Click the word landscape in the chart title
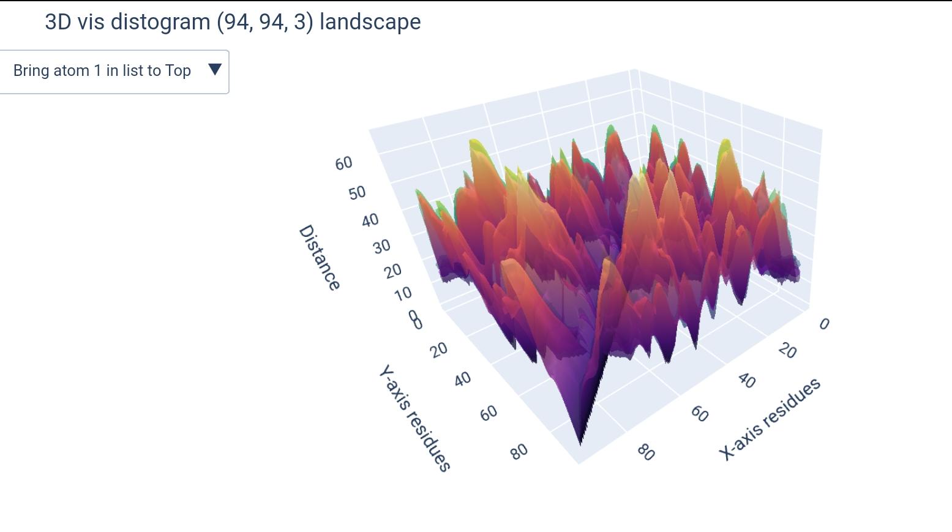tap(370, 22)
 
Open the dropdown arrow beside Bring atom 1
tap(214, 69)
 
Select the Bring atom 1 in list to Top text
tap(102, 71)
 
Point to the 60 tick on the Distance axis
tap(343, 163)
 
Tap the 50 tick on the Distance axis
tap(357, 193)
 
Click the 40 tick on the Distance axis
tap(370, 220)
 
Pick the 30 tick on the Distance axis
tap(381, 247)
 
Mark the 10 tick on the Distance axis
tap(403, 294)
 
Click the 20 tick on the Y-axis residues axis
tap(438, 350)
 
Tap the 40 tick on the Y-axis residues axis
tap(462, 380)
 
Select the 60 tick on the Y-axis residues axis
tap(489, 414)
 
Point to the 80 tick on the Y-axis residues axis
tap(518, 452)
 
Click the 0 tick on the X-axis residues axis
tap(824, 324)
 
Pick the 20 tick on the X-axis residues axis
tap(787, 351)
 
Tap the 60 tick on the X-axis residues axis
tap(699, 414)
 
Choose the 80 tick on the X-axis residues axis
tap(646, 452)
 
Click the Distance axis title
tap(319, 258)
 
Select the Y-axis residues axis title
tap(414, 419)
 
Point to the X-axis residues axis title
tap(770, 419)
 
